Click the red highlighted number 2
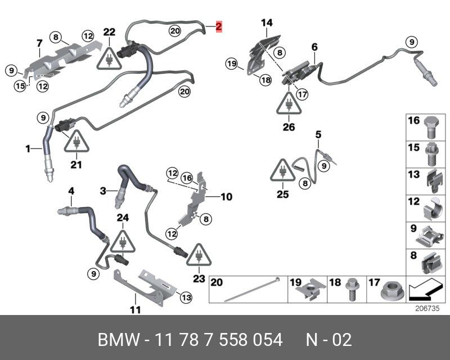[219, 26]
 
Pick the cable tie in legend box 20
[251, 289]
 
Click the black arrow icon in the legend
[425, 290]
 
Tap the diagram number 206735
[427, 309]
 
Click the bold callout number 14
[267, 23]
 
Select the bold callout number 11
[135, 310]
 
